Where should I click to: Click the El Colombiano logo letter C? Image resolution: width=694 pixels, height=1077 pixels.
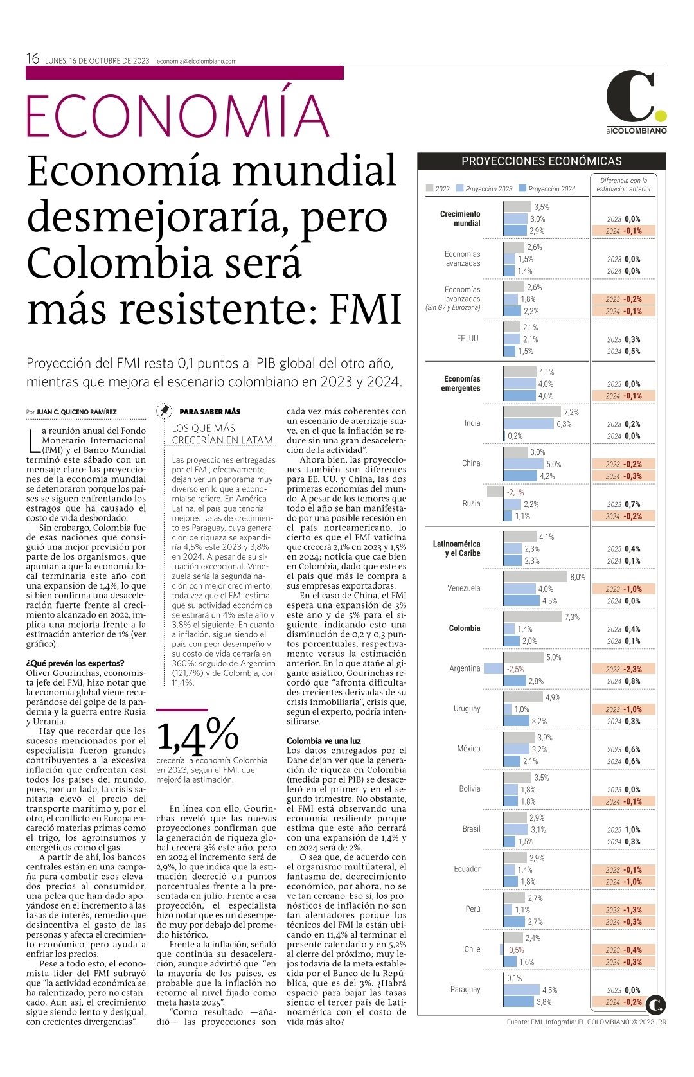coord(630,96)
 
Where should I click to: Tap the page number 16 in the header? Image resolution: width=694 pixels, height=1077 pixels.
coord(33,58)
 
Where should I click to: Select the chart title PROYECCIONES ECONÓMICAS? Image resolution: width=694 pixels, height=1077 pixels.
coord(542,161)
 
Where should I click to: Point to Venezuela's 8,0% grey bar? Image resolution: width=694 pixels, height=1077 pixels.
coord(535,577)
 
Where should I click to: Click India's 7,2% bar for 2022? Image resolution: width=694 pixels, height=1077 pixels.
coord(532,412)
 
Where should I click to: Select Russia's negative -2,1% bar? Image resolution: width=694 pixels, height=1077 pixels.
coord(495,492)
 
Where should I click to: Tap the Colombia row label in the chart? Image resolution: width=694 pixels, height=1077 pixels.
coord(464,628)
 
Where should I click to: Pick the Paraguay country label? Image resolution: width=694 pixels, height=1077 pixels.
coord(465,989)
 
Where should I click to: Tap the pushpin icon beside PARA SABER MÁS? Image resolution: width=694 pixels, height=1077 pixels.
coord(165,411)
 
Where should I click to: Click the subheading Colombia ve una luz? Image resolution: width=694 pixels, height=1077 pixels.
coord(324,741)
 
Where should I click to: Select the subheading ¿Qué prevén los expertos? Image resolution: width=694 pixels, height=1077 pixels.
coord(75,664)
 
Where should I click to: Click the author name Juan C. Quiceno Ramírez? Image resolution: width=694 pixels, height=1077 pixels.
coord(76,412)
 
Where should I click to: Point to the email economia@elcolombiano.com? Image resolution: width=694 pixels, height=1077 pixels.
coord(197,62)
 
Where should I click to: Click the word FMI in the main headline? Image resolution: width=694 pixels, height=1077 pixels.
coord(366,308)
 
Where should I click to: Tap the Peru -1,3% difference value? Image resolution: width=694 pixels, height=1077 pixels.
coord(632,910)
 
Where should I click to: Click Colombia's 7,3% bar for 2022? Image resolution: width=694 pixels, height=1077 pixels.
coord(533,617)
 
